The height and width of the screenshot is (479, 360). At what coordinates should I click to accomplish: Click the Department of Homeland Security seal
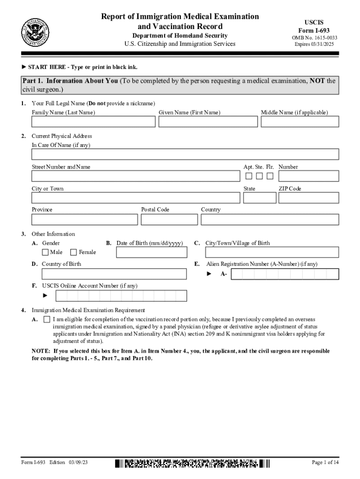pos(35,31)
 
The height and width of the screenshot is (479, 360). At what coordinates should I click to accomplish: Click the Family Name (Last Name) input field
pos(93,122)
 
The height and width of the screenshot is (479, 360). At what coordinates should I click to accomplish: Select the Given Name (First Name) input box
pos(208,122)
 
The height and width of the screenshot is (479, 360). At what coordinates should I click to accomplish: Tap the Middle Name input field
pos(299,122)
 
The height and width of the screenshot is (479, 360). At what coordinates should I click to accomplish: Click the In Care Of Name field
pos(185,154)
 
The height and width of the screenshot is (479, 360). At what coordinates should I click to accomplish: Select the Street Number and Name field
pos(135,176)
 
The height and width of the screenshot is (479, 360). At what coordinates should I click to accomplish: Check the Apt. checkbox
pos(249,176)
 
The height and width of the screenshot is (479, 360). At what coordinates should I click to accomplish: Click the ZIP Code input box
pos(308,198)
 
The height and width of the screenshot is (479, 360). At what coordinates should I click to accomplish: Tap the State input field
pos(256,198)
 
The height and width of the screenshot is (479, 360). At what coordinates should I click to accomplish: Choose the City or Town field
pos(135,198)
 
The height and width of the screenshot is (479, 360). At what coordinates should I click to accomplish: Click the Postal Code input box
pos(169,219)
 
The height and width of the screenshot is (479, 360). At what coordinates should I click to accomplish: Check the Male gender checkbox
pos(45,252)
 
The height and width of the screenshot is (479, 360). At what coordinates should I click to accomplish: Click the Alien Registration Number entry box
pos(284,274)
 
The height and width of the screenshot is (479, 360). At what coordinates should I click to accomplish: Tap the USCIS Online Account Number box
pos(121,296)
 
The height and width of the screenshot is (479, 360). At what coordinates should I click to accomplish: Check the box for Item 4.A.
pos(46,319)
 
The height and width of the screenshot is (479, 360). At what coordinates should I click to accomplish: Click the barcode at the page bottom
pos(192,463)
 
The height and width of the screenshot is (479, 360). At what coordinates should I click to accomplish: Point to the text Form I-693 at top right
pos(314,30)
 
